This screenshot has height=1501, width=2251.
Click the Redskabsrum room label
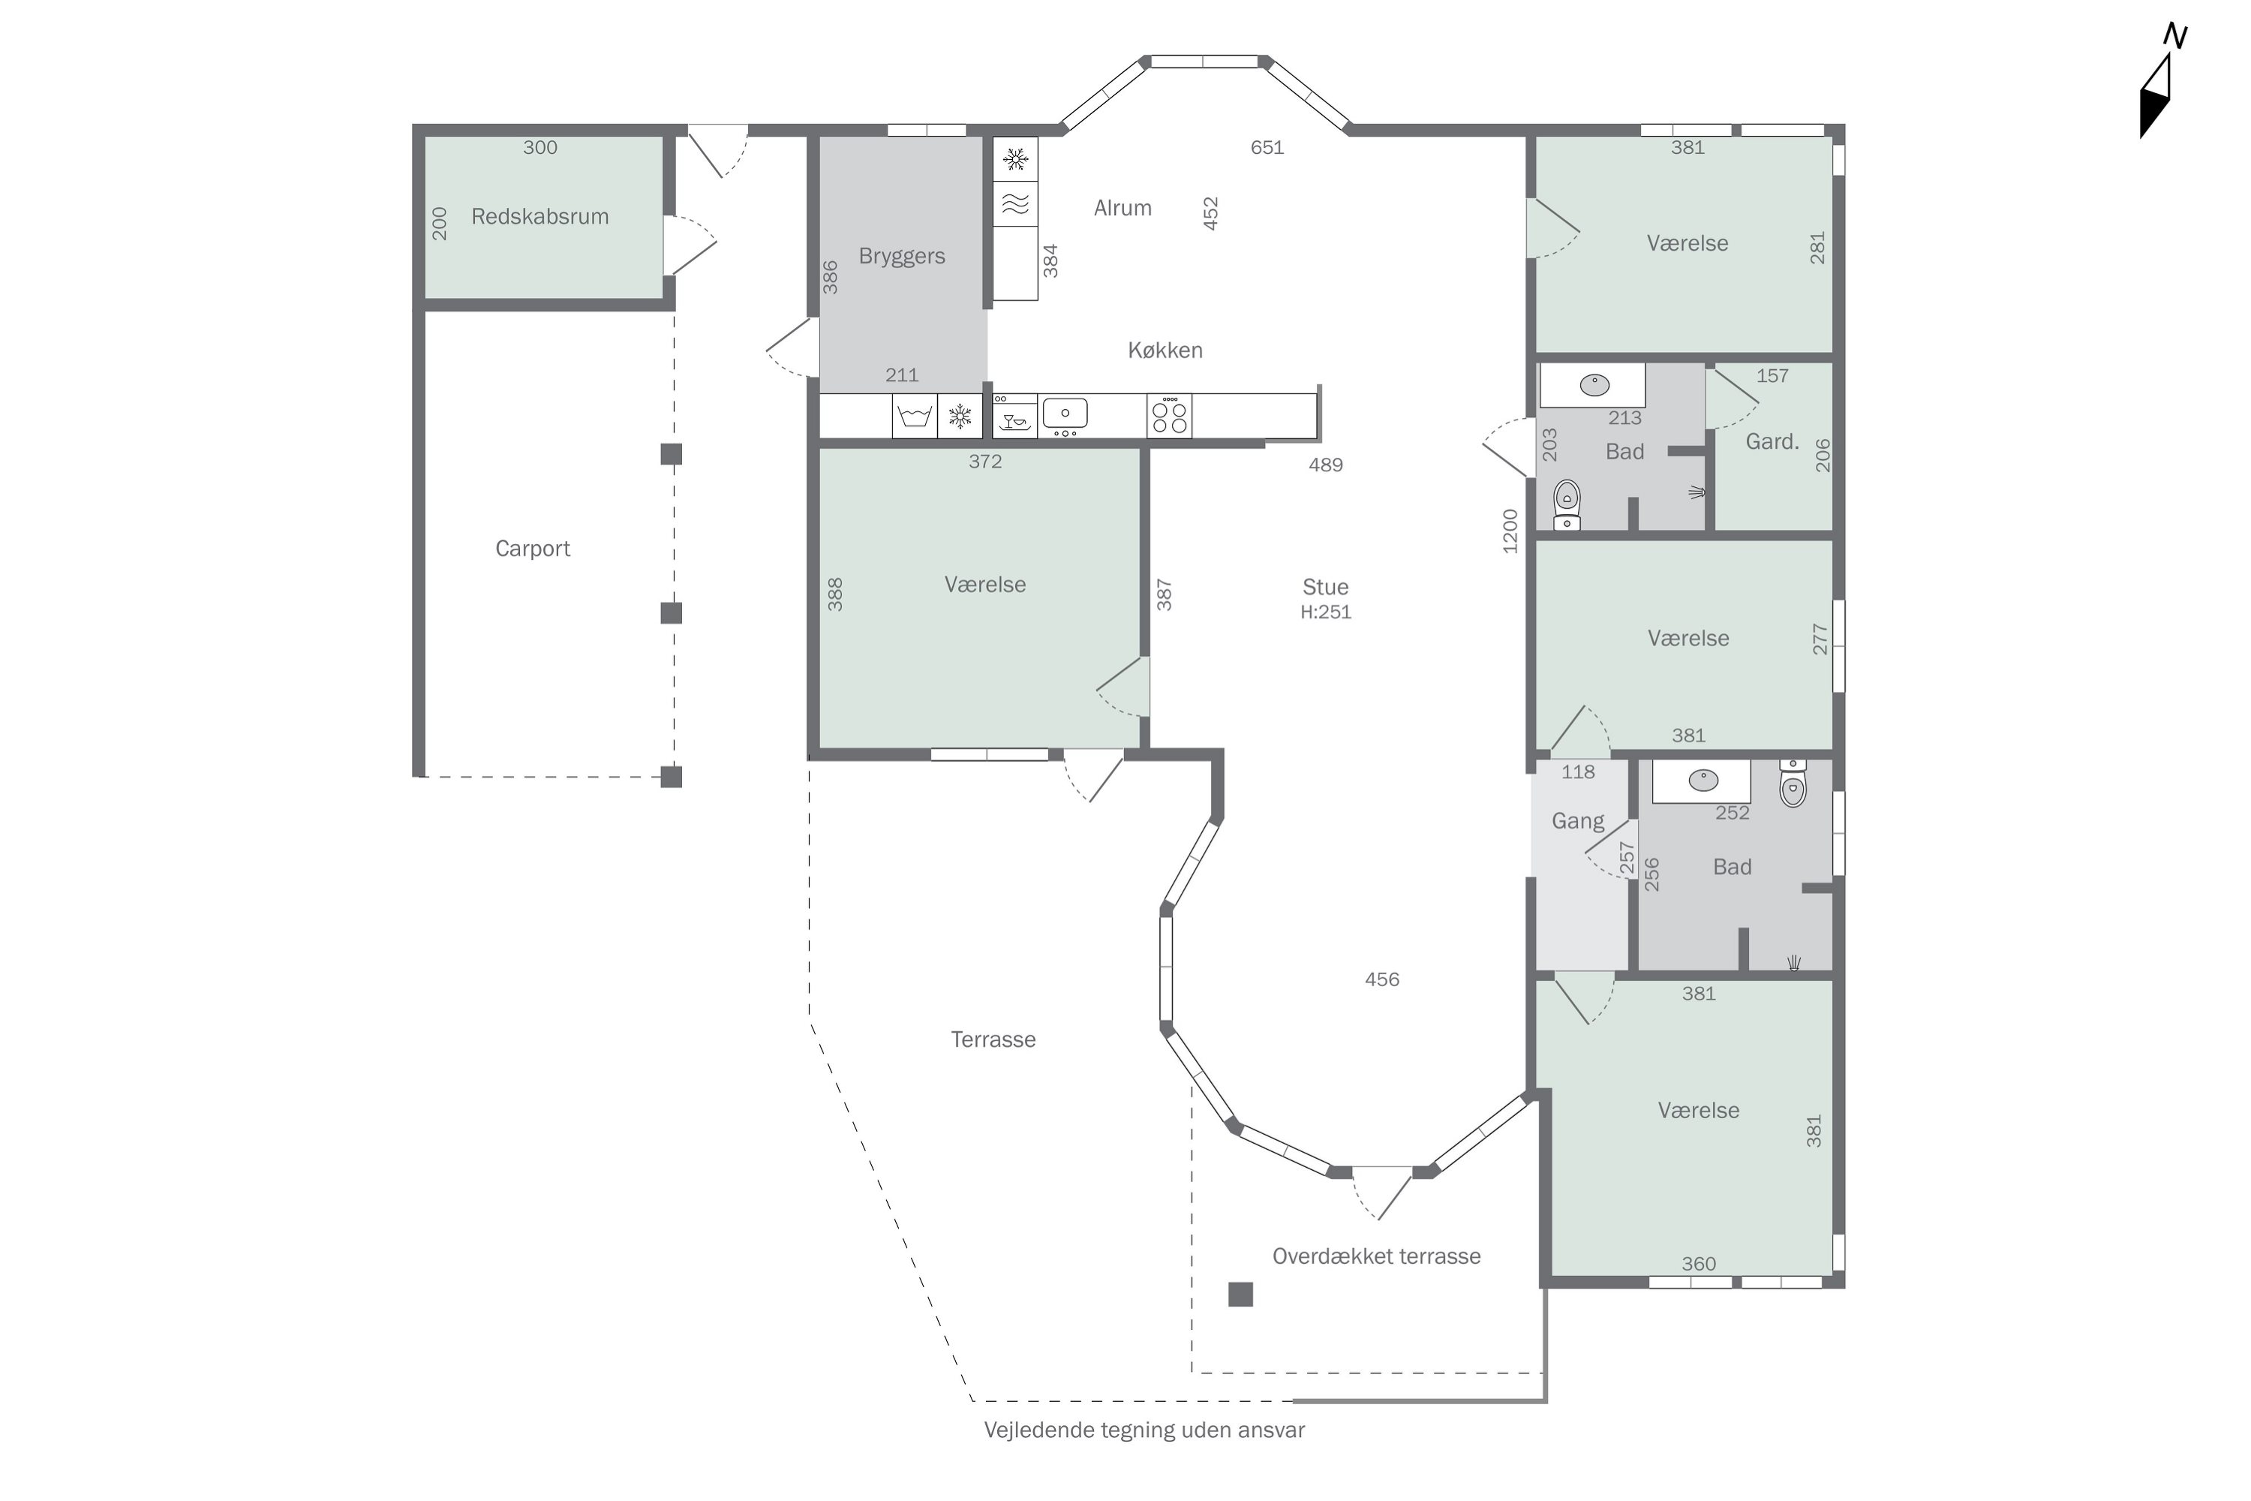[539, 216]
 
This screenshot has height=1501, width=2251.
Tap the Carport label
[532, 549]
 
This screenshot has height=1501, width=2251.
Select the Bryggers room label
[902, 257]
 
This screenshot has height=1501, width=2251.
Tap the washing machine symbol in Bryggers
[915, 417]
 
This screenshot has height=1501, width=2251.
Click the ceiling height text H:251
[1326, 612]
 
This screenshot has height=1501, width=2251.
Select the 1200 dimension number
[1510, 531]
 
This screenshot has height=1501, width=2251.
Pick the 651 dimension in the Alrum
[1267, 147]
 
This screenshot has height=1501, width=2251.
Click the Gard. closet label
[1772, 442]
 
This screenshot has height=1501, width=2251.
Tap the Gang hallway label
[1578, 821]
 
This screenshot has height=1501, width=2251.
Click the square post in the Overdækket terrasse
[1240, 1294]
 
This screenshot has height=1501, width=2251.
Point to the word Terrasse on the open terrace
[993, 1039]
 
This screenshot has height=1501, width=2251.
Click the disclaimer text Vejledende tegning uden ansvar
[1145, 1430]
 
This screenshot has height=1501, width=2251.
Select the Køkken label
[1165, 350]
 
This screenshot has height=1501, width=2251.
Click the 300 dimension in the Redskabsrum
[539, 147]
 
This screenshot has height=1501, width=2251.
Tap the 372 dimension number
[984, 462]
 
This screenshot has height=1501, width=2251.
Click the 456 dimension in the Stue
[1382, 979]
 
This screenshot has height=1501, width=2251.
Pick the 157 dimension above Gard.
[1772, 376]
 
